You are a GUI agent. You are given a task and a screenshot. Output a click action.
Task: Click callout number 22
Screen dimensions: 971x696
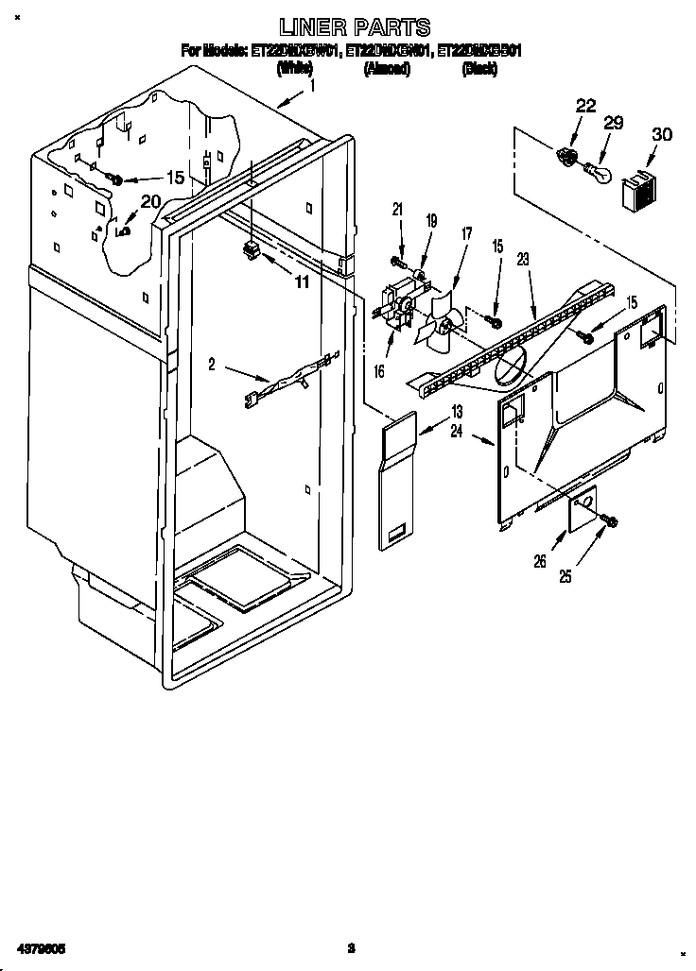[x=585, y=106]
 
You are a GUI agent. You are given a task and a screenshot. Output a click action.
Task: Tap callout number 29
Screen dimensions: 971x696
[x=614, y=124]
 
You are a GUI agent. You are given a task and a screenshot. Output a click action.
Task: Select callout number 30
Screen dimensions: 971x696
[x=662, y=134]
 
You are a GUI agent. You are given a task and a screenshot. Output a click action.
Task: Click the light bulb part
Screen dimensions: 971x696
[x=597, y=173]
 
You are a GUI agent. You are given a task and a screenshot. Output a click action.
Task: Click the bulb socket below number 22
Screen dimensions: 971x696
[x=568, y=156]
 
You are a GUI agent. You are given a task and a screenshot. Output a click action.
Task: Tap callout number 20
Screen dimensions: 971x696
[x=150, y=200]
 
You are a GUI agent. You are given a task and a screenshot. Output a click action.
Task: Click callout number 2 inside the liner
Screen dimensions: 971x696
[x=213, y=364]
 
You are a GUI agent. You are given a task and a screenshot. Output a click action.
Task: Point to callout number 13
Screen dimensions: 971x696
[x=457, y=411]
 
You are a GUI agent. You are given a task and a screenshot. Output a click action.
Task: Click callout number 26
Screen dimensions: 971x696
[x=541, y=560]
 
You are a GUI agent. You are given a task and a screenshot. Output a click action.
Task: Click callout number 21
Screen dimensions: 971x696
[x=397, y=209]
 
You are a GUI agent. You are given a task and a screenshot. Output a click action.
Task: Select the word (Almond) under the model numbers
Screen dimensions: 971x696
[x=386, y=69]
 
